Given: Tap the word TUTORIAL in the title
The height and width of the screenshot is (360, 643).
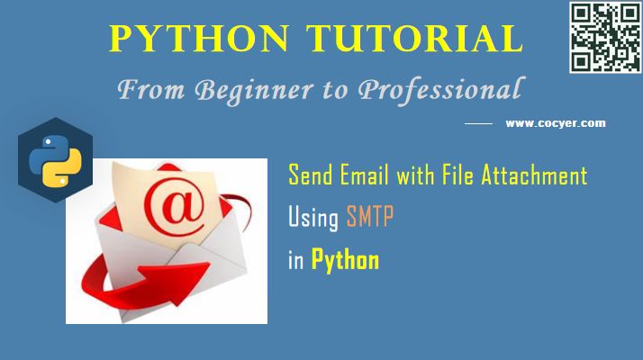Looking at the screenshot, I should [x=414, y=39].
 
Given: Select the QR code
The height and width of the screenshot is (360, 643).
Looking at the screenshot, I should [x=602, y=38].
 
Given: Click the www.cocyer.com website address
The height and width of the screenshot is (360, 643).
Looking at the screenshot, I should [x=555, y=123].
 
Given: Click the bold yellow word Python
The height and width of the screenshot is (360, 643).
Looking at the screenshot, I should [x=345, y=262].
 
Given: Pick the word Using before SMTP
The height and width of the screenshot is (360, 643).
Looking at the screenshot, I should [x=313, y=218].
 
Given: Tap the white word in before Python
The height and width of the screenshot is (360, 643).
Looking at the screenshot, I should [x=295, y=261].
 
